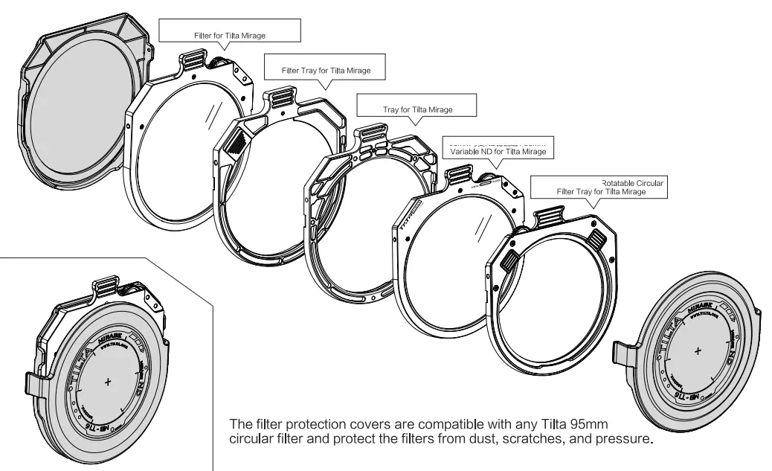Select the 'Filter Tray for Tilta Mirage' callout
[325, 71]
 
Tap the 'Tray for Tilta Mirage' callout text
[417, 109]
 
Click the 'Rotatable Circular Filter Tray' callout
[601, 188]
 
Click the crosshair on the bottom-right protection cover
[697, 349]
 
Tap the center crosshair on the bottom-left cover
[108, 382]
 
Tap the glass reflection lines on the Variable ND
[485, 223]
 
